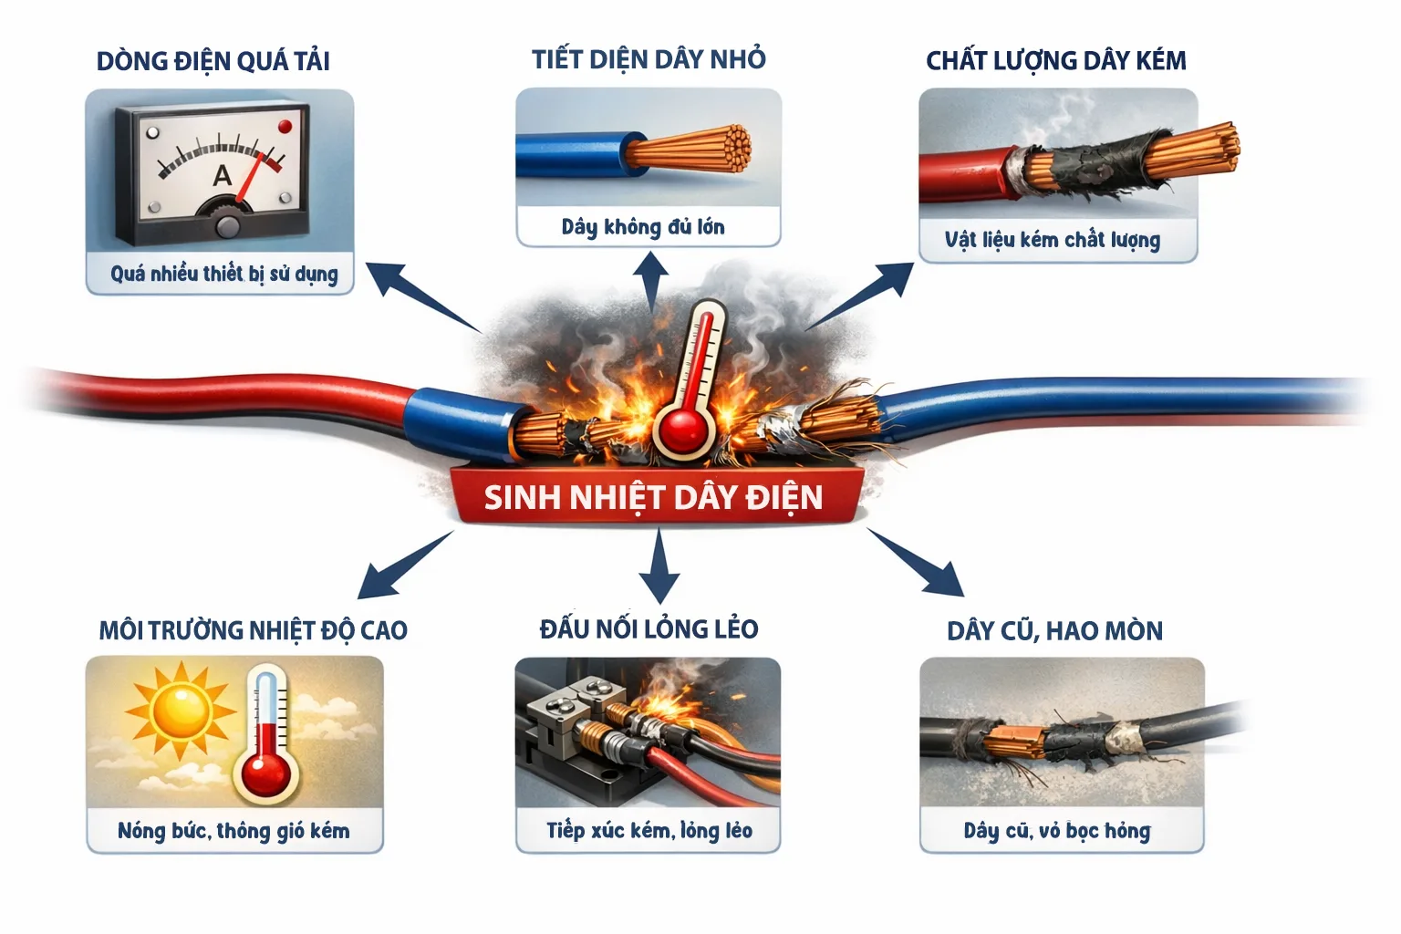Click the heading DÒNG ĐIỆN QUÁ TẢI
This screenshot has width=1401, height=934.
click(213, 61)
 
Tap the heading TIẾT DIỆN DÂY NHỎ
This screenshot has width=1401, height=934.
click(649, 59)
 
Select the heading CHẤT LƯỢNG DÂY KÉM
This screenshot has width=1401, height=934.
click(1055, 61)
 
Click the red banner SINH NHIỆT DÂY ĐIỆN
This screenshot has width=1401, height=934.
click(653, 498)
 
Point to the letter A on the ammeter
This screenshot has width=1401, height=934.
click(222, 175)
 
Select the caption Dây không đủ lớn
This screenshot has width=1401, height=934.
click(643, 227)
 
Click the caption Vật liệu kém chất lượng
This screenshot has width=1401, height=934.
click(1053, 240)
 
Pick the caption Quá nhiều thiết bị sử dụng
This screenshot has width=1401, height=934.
click(223, 274)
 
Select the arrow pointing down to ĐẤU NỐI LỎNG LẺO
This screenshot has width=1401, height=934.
click(659, 568)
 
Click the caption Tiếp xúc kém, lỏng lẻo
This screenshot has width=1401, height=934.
click(649, 830)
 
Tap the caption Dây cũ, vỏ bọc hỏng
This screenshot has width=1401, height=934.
click(1056, 831)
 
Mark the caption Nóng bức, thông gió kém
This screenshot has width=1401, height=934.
click(233, 831)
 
